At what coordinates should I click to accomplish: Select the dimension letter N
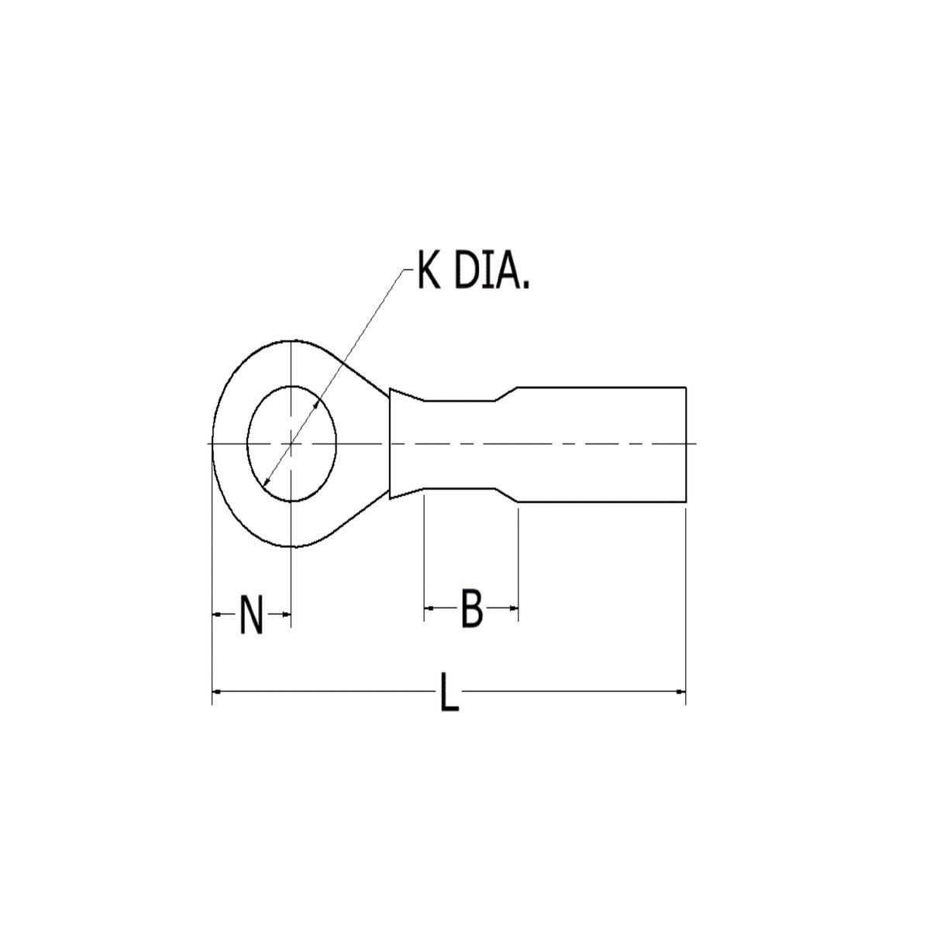pos(250,614)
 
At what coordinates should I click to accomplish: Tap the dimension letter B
pos(471,609)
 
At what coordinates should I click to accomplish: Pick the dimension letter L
pos(448,692)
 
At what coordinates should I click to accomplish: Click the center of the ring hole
pos(291,443)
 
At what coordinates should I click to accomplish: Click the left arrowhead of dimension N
pos(217,614)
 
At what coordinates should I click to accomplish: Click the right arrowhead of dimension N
pos(285,614)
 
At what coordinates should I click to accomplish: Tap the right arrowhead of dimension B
pos(512,609)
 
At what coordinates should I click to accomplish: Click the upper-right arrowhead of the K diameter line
pos(318,402)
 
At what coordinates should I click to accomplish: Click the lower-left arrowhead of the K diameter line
pos(266,484)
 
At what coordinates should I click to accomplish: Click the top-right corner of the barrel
pos(686,385)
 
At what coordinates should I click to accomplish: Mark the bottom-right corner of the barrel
pos(686,508)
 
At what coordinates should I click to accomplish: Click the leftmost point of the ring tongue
pos(212,443)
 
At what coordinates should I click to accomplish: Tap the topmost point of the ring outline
pos(291,339)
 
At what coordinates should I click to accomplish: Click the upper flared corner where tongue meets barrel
pos(390,388)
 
